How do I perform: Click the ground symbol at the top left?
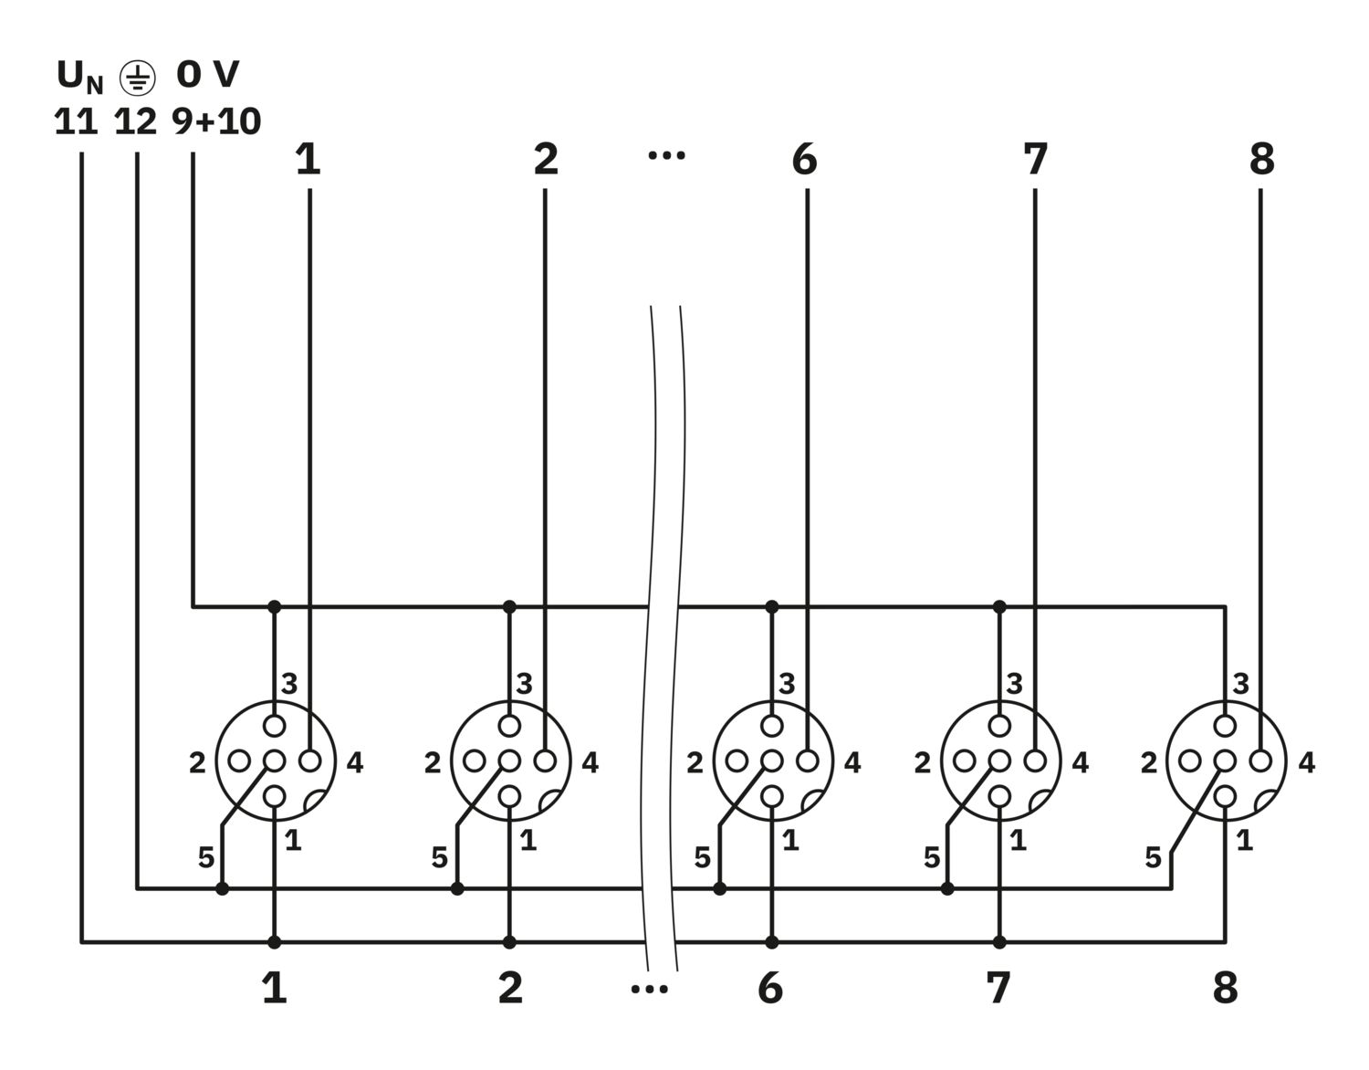coord(137,79)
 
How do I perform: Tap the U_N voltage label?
coord(80,77)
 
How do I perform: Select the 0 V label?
coord(208,75)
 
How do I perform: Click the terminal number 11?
coord(76,121)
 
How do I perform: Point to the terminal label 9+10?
coord(217,121)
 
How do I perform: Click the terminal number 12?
coord(136,121)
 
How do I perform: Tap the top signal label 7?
coord(1035,160)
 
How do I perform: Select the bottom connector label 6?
coord(770,988)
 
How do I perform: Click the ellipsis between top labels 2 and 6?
coord(666,156)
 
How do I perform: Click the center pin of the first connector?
coord(275,761)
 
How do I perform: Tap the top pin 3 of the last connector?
coord(1225,726)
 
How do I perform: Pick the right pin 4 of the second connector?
coord(545,761)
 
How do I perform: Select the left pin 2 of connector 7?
coord(965,761)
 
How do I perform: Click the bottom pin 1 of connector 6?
coord(772,796)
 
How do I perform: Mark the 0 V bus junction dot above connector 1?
coord(275,606)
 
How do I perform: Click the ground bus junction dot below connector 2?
coord(457,887)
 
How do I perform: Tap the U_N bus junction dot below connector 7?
coord(999,941)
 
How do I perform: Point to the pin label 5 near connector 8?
coord(1154,858)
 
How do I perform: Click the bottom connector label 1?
coord(275,988)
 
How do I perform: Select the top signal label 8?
coord(1261,160)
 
